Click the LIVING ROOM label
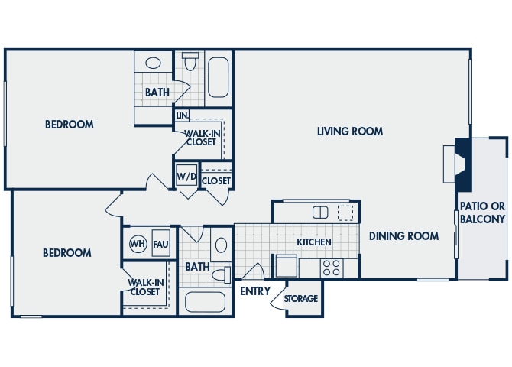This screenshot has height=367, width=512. tap(350, 132)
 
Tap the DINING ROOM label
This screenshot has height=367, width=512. tap(403, 236)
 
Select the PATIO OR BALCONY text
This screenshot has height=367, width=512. tap(482, 213)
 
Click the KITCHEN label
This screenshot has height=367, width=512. tap(314, 242)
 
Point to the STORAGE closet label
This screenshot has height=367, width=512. tap(301, 298)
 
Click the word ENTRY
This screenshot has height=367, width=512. tap(255, 291)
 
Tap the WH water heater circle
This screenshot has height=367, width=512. tap(138, 245)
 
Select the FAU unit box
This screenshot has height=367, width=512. tap(160, 245)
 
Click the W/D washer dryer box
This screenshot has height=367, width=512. tap(186, 177)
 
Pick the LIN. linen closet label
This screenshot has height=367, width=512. tap(182, 115)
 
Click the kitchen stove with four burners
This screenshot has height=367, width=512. tap(331, 268)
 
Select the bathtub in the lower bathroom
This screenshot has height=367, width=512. tap(206, 301)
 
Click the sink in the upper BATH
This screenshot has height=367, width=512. tap(153, 63)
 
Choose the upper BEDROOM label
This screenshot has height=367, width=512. tap(69, 125)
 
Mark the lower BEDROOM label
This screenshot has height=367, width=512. tap(66, 253)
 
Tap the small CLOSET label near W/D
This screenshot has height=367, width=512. tap(216, 181)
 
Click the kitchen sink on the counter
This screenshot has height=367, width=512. tap(320, 212)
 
